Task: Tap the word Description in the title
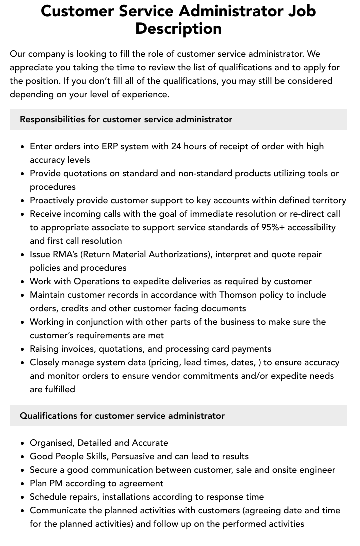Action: (x=178, y=28)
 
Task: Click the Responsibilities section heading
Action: (x=126, y=119)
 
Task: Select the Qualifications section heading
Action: (x=122, y=416)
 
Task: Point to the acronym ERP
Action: (x=111, y=146)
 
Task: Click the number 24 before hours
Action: (x=177, y=146)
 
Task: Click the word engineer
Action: (x=318, y=470)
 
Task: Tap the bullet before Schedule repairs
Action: (x=22, y=497)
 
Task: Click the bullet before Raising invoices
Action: (x=22, y=349)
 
